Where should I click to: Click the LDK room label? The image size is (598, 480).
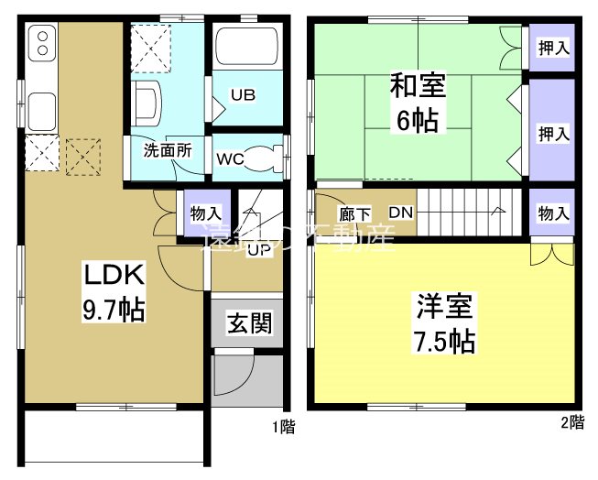click(x=113, y=275)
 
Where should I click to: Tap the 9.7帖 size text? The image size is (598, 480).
click(x=113, y=310)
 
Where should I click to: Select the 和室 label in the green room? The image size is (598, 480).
click(x=418, y=88)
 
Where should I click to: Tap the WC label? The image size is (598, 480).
click(x=229, y=158)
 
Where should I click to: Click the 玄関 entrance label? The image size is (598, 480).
click(x=248, y=322)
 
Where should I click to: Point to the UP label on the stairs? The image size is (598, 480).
click(x=259, y=249)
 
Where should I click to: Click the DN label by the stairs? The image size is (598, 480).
click(x=400, y=213)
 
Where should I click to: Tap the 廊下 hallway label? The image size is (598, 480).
click(x=354, y=214)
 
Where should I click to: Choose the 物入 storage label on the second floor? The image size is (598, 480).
click(x=553, y=213)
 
